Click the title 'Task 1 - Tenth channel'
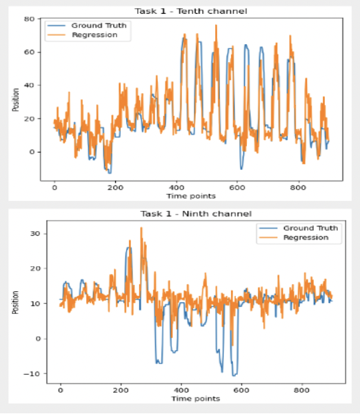(x=191, y=11)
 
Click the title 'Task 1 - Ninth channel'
(x=196, y=214)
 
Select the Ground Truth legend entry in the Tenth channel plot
(x=86, y=26)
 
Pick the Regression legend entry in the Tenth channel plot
(x=82, y=35)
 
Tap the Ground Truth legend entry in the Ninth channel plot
(x=298, y=228)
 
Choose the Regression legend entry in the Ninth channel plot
(x=294, y=237)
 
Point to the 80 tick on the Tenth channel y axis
(x=29, y=19)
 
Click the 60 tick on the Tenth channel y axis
(x=29, y=52)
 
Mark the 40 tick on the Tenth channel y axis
(x=29, y=86)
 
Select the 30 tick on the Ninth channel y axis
(x=35, y=234)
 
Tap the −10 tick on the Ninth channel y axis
(x=32, y=373)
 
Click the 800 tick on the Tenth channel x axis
(x=299, y=188)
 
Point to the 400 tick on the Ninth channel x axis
(x=181, y=391)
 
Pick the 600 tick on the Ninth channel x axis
(x=241, y=391)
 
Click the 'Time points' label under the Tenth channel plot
(x=191, y=196)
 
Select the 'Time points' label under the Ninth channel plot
(x=196, y=399)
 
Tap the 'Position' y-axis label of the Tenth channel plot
(x=16, y=100)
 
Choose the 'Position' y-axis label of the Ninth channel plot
(x=16, y=302)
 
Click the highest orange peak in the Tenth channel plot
(x=216, y=26)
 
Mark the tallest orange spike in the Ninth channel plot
(x=141, y=228)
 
